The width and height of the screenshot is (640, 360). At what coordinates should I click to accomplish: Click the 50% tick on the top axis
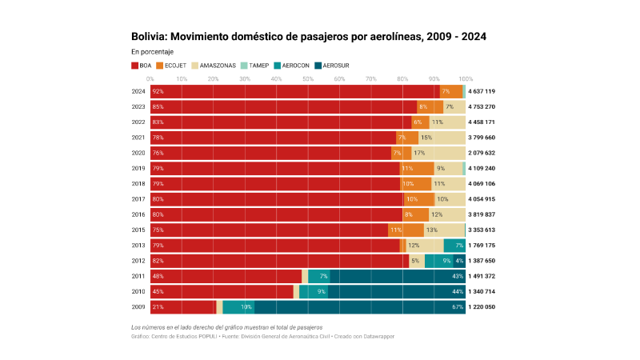[308, 79]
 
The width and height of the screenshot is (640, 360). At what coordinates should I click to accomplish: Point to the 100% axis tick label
[466, 79]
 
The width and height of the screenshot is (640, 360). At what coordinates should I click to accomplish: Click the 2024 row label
[138, 91]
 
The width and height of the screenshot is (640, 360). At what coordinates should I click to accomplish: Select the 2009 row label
[138, 306]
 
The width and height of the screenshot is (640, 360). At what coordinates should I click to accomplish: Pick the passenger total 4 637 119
[482, 91]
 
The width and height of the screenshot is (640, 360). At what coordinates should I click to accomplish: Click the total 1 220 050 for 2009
[482, 306]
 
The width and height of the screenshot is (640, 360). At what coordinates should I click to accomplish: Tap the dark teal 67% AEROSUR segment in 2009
[360, 306]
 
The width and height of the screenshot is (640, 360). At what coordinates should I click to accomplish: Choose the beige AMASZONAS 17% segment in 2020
[438, 153]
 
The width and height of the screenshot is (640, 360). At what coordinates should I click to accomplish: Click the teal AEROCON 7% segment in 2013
[454, 245]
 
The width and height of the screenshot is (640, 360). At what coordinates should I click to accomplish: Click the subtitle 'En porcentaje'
[152, 51]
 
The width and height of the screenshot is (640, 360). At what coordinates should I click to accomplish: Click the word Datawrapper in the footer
[376, 336]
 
